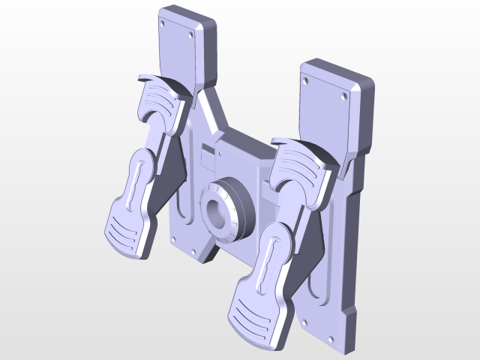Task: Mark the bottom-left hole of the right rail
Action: pyautogui.click(x=305, y=322)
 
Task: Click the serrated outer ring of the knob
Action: pyautogui.click(x=238, y=214)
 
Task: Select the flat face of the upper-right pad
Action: pyautogui.click(x=322, y=112)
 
